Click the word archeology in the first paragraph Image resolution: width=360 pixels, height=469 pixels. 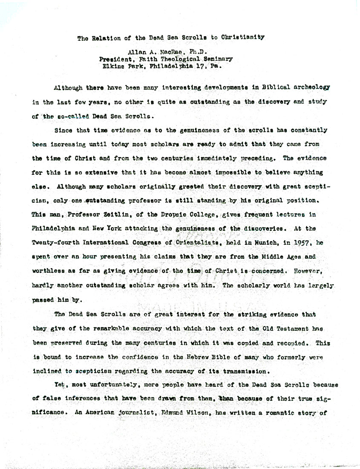coord(310,88)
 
